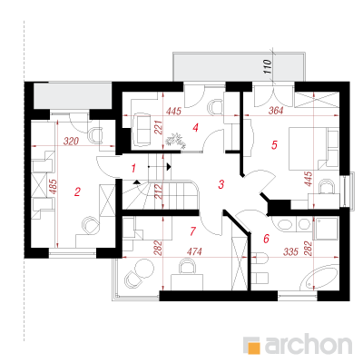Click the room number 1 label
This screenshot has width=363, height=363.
pos(133,168)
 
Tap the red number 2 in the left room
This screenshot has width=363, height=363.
pos(77,191)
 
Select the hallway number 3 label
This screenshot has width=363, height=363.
pos(221,184)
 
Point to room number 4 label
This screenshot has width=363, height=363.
pos(196,127)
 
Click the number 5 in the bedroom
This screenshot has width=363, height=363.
pos(274,145)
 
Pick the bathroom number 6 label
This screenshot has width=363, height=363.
pos(266,239)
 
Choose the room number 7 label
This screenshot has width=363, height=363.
pos(192,231)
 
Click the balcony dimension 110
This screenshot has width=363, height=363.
pos(268,66)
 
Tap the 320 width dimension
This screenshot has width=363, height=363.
pos(71,142)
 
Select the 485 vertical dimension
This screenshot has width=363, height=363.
pos(53,187)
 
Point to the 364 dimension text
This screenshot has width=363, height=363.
pos(276,111)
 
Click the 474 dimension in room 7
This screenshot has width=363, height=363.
pos(194,251)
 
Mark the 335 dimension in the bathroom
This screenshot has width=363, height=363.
pos(290,251)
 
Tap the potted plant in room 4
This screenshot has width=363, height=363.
pos(175,141)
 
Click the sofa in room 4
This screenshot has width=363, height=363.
pos(141,130)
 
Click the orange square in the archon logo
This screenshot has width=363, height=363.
pos(253,348)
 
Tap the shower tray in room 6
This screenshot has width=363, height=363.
pos(327,229)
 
